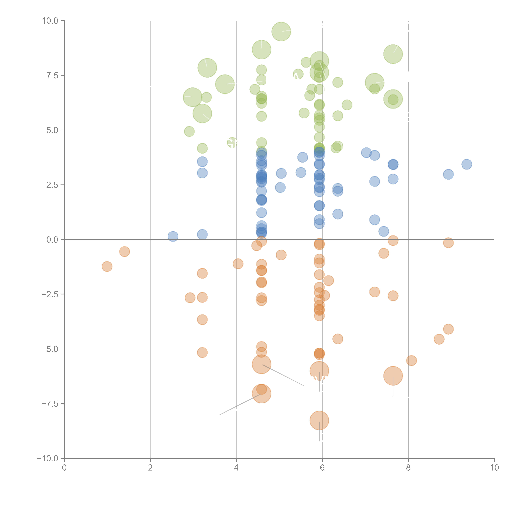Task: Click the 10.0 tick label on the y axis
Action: (50, 21)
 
